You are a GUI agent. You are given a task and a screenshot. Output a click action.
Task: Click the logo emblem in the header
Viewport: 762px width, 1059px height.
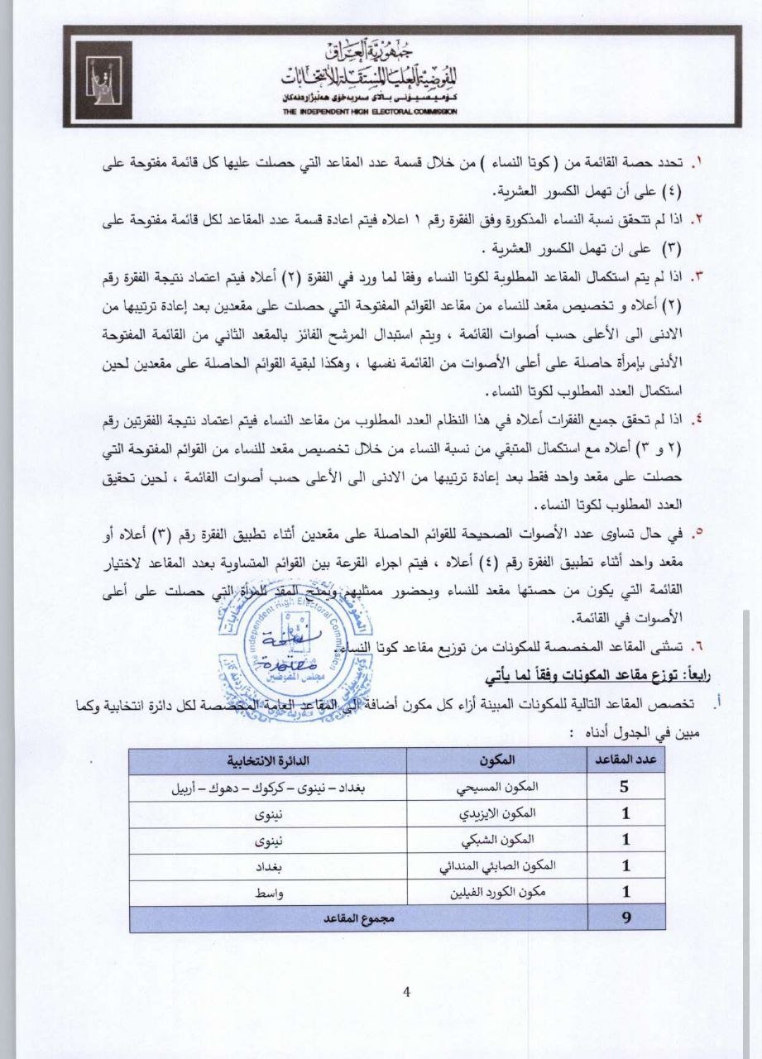tap(104, 79)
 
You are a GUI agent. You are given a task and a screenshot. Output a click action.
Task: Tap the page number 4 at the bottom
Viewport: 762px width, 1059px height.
tap(405, 993)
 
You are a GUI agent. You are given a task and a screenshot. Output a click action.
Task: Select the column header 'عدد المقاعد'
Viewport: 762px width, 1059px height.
tap(625, 760)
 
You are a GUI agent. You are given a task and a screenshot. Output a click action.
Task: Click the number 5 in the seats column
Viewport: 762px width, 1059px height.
tap(625, 787)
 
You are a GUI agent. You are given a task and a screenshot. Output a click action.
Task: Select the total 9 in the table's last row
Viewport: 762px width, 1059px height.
tap(625, 919)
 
